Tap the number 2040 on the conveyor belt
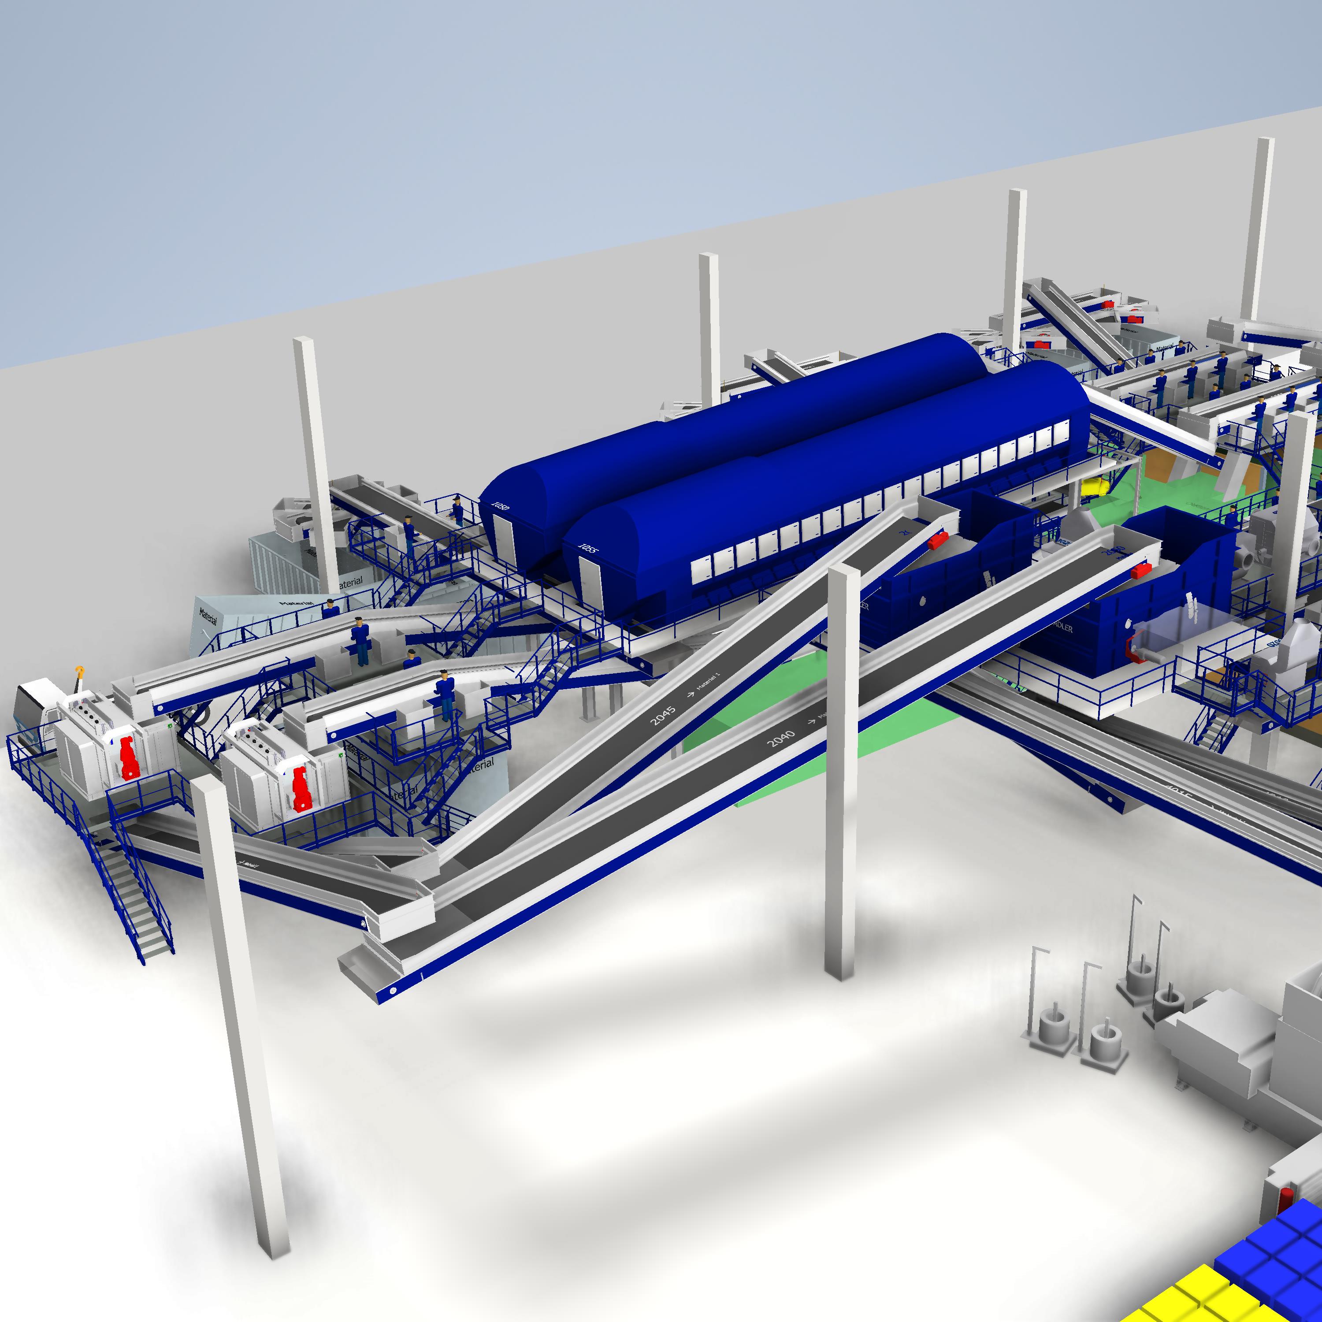click(x=781, y=738)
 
